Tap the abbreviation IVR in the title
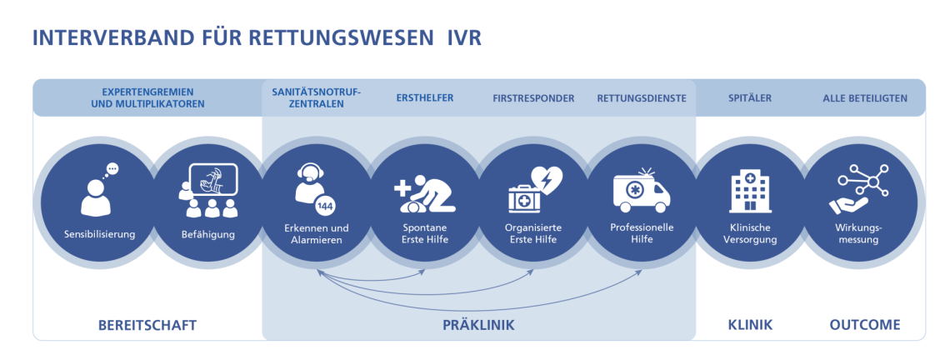point(464,38)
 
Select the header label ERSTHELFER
point(425,98)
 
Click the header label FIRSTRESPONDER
point(533,98)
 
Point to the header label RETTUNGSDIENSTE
point(642,98)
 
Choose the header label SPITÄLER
point(749,98)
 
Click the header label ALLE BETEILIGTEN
point(865,98)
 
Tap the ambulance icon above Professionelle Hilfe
point(642,192)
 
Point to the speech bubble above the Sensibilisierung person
point(112,170)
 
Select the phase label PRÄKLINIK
point(478,325)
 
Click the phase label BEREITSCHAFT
point(147,325)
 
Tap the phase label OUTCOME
point(865,325)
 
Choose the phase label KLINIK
point(750,325)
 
